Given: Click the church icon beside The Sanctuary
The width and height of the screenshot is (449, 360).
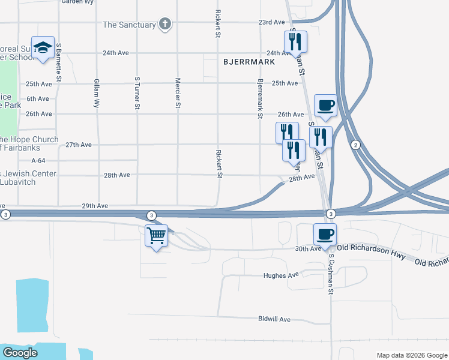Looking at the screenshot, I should (165, 25).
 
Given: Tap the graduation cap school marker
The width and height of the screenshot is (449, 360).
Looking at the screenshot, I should (43, 49).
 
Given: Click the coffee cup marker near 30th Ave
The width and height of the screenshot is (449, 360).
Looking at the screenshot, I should (325, 234).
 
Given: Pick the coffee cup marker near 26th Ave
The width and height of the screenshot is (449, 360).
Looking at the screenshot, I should (325, 106).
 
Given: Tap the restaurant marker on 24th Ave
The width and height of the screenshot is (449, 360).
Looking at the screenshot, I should (295, 42).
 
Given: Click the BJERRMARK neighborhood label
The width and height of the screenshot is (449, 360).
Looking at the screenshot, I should (249, 62).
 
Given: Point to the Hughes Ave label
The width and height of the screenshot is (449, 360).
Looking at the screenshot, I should (281, 275).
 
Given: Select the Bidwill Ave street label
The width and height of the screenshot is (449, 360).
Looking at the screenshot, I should (274, 319).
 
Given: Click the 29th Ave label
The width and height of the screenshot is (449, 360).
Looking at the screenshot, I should (95, 206).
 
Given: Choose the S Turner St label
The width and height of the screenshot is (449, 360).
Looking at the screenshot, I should (137, 93).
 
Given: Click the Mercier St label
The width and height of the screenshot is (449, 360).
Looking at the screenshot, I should (178, 93).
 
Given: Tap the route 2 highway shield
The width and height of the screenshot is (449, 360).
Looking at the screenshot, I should (355, 145).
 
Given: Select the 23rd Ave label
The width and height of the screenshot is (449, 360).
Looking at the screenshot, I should (271, 22).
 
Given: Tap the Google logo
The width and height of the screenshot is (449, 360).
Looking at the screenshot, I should (20, 352).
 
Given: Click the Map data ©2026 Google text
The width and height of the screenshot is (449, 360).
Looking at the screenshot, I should (411, 355).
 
